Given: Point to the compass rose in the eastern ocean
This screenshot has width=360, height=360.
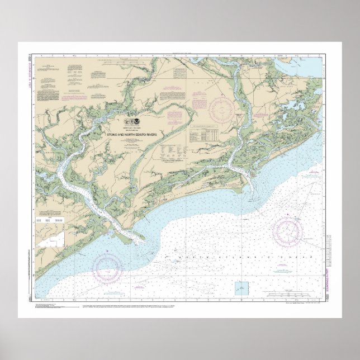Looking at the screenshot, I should click(x=289, y=229).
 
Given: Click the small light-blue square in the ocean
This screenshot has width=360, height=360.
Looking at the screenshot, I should click(x=241, y=288).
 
